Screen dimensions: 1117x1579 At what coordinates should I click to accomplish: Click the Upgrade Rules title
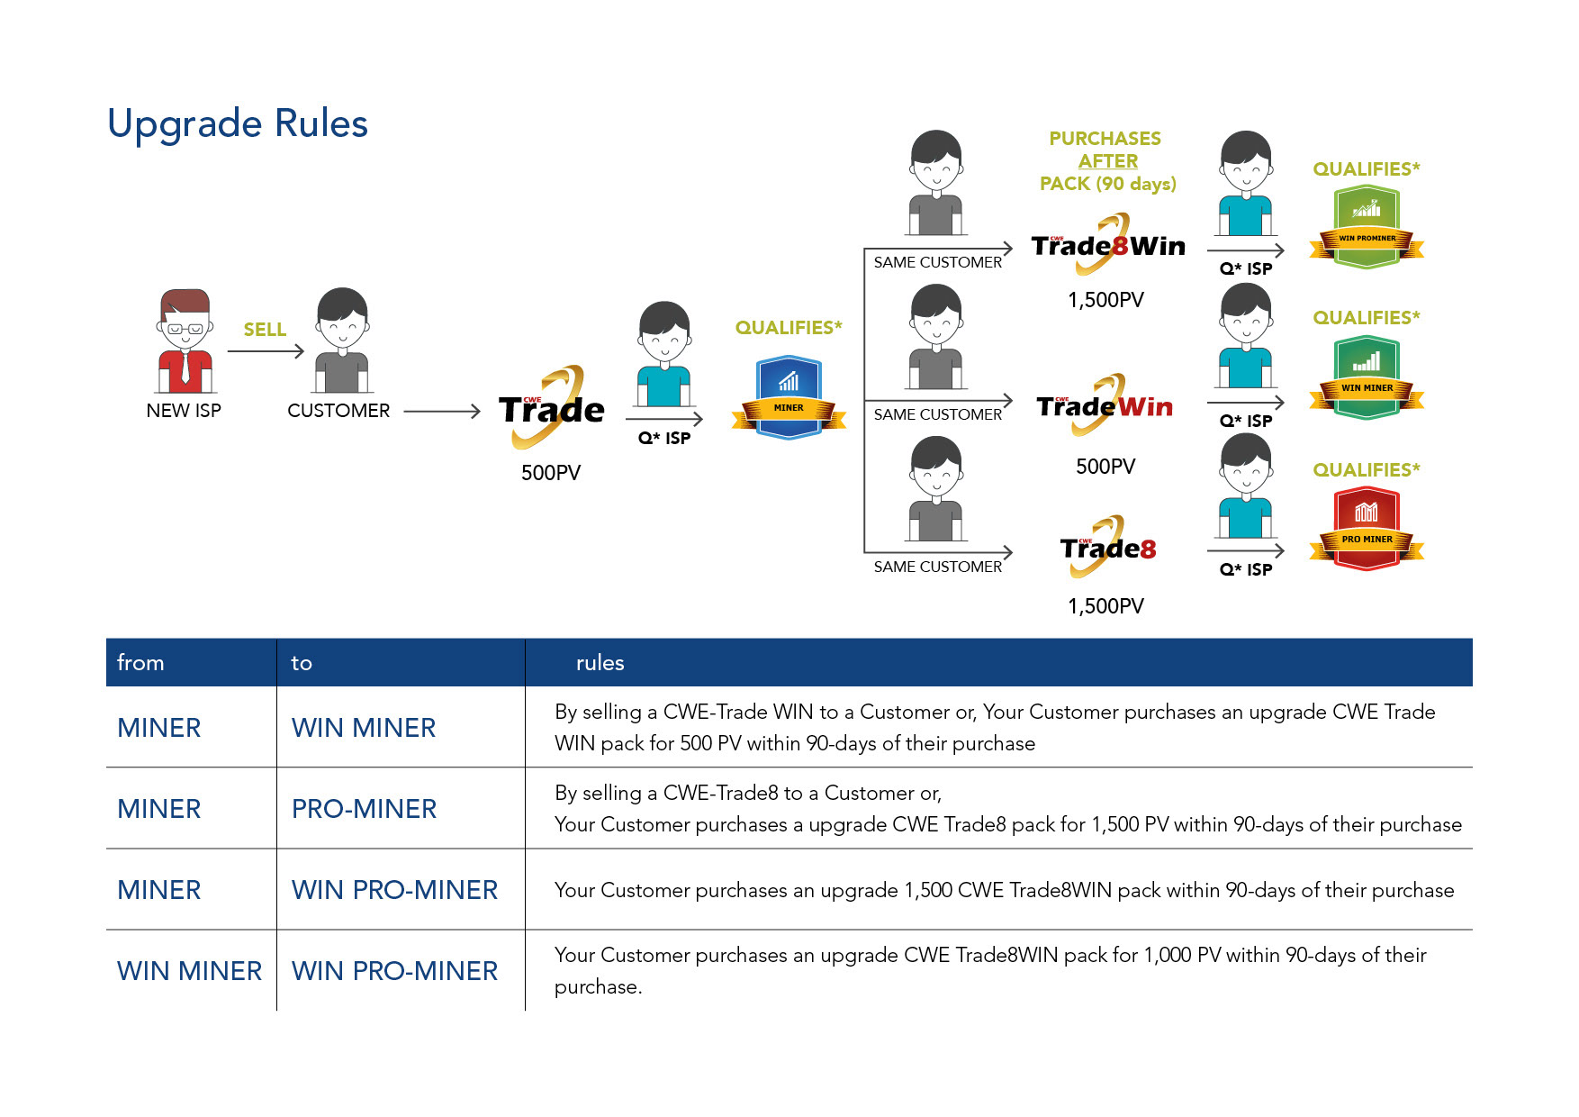pos(238,123)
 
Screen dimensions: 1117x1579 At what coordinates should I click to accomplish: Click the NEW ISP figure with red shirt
pos(185,341)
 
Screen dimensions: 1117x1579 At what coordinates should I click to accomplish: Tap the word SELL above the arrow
pos(265,330)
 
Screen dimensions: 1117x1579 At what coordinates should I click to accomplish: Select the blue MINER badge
pos(789,398)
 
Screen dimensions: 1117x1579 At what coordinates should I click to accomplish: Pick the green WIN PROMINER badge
pos(1367,228)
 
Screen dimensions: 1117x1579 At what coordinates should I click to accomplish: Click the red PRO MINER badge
pos(1367,529)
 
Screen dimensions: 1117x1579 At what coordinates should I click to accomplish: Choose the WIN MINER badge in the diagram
pos(1367,378)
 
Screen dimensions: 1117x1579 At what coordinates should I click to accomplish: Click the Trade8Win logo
pos(1108,245)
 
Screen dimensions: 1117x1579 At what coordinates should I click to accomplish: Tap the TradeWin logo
pos(1105,406)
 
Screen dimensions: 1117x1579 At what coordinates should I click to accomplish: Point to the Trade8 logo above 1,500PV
pos(1107,548)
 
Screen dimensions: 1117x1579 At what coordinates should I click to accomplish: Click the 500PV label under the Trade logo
pos(551,473)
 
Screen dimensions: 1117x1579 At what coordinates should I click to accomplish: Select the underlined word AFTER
pos(1108,161)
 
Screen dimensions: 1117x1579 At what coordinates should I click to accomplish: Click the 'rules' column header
pos(600,663)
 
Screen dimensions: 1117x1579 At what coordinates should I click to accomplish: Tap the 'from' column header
pos(140,663)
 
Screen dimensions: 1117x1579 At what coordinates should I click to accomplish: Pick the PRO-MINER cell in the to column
pos(364,809)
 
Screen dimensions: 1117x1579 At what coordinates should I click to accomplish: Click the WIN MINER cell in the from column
pos(189,971)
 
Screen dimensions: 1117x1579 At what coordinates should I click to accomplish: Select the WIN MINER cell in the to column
pos(364,728)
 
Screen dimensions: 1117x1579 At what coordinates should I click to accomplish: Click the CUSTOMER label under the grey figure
pos(338,411)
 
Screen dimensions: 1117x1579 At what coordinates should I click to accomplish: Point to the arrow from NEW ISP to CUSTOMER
pos(266,351)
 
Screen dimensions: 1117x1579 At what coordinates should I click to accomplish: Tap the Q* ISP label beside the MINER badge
pos(664,439)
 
